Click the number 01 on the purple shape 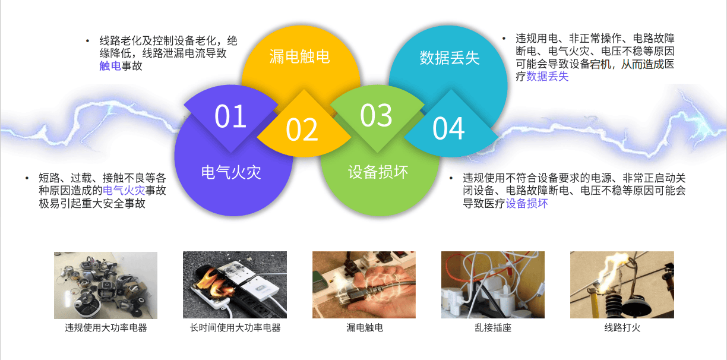230,116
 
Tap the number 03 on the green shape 376,115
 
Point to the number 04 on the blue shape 448,128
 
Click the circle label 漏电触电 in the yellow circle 299,57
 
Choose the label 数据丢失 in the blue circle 449,58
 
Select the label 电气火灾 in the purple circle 231,172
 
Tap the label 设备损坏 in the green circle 378,172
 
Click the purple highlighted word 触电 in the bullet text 110,66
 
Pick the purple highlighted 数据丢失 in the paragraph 547,77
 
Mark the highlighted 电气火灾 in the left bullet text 124,191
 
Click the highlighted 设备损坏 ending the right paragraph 526,204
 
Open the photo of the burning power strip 235,285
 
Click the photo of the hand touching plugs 364,285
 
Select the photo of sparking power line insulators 622,285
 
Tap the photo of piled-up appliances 106,285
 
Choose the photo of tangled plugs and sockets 493,285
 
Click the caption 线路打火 622,327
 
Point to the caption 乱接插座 493,327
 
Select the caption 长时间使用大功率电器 235,327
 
